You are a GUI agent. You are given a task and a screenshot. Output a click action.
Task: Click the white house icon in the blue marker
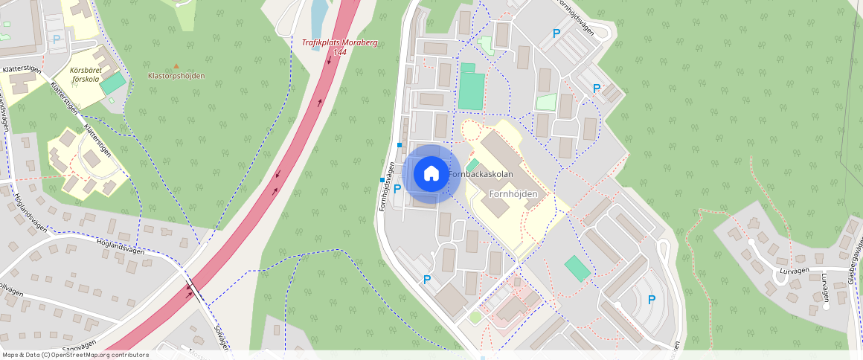click(x=431, y=174)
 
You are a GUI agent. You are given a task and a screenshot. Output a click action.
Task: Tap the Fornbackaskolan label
click(x=481, y=174)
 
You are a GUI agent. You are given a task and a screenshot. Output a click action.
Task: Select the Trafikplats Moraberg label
click(x=339, y=42)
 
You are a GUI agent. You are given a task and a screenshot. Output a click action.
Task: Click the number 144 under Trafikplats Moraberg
click(x=339, y=52)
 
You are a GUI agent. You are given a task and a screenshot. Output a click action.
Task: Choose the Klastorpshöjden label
click(x=176, y=76)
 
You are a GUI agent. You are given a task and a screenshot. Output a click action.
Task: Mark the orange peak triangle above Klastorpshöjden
click(x=176, y=66)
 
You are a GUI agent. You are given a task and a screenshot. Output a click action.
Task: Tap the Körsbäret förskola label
click(x=85, y=74)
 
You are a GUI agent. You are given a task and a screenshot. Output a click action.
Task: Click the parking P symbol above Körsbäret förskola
click(x=56, y=39)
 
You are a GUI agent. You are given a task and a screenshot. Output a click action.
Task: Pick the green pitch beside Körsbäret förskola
click(x=112, y=83)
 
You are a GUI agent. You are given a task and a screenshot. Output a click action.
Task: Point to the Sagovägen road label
click(x=78, y=346)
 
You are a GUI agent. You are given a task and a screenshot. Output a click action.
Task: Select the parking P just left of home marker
click(x=397, y=189)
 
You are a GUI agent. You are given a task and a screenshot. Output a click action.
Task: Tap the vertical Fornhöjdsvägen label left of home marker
click(x=387, y=187)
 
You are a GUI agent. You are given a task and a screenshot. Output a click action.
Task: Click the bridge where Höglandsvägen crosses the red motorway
click(x=193, y=289)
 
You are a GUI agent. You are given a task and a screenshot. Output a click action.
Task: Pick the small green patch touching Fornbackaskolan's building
click(x=472, y=164)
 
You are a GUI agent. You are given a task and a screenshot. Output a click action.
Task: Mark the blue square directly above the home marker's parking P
click(x=400, y=144)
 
